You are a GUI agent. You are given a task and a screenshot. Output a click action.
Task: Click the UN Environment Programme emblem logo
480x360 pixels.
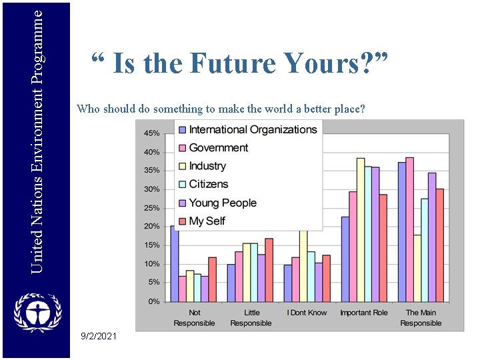click(x=37, y=313)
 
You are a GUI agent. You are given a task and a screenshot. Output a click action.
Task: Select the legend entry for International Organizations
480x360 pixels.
click(x=252, y=129)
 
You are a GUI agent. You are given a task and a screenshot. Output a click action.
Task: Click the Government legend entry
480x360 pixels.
click(x=218, y=148)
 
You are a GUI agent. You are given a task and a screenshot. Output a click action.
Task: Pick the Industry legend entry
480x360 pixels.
click(x=207, y=166)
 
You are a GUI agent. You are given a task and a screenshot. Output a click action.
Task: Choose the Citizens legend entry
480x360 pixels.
click(x=208, y=184)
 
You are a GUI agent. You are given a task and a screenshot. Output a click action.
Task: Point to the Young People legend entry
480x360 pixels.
click(x=222, y=203)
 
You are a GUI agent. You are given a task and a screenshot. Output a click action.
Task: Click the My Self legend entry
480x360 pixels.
click(x=207, y=221)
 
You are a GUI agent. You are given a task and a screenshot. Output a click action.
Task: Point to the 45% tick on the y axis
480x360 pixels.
click(x=152, y=133)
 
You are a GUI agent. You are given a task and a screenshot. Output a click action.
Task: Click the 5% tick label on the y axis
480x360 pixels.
click(x=154, y=283)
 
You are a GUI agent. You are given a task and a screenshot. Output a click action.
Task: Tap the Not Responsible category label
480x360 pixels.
click(x=194, y=318)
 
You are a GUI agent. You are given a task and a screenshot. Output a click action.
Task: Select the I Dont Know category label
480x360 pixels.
click(x=307, y=313)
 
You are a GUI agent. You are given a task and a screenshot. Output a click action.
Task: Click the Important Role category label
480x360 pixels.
click(x=364, y=313)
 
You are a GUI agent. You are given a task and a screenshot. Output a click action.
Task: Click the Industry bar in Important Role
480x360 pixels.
click(x=361, y=230)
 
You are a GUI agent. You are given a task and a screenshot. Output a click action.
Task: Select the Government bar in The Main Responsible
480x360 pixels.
click(x=410, y=229)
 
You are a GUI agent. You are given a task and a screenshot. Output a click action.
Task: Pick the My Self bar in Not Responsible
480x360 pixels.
click(x=213, y=279)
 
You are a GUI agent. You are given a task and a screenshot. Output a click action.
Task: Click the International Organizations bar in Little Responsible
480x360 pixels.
click(x=231, y=283)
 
